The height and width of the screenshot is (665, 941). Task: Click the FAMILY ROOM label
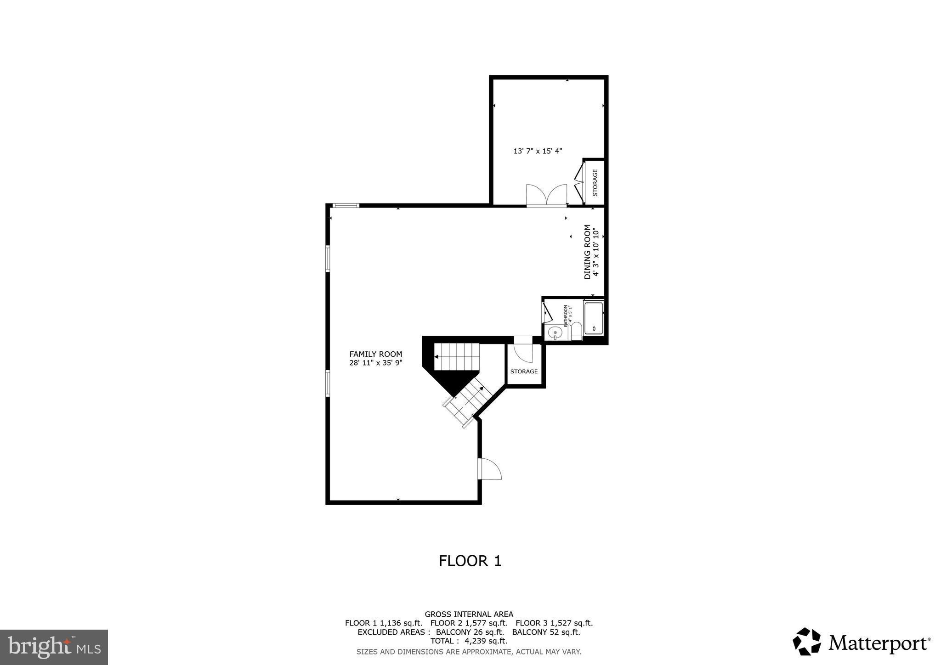(375, 354)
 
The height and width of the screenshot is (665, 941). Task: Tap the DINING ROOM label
(587, 252)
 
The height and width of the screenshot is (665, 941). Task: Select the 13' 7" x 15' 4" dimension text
(538, 151)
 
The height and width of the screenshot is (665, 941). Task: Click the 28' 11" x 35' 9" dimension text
(375, 363)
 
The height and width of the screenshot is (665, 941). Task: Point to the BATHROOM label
(566, 316)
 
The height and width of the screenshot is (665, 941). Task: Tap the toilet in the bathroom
(576, 330)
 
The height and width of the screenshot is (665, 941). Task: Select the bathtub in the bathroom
(593, 318)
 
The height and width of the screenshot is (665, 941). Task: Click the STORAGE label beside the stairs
(524, 371)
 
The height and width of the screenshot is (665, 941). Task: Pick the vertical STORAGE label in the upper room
(595, 183)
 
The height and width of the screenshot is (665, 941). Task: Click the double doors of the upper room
(547, 195)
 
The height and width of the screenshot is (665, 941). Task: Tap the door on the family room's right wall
(489, 469)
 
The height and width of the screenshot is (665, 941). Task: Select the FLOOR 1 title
(470, 561)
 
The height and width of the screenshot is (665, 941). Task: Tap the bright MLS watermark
(54, 647)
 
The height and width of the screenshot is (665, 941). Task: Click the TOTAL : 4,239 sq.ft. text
(469, 641)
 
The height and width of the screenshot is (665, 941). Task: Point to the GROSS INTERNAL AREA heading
(469, 614)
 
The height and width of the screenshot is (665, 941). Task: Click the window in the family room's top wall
(346, 205)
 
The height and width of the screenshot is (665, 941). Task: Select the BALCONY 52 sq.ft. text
(546, 632)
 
